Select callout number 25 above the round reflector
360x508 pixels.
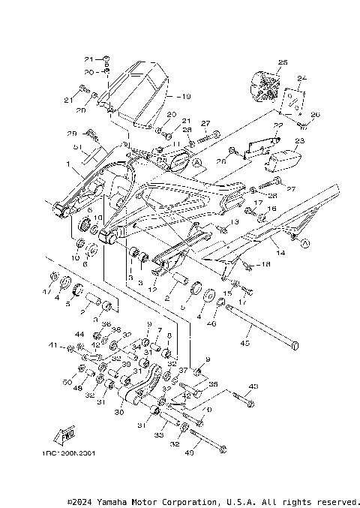tap(283, 62)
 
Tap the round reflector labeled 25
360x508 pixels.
tap(265, 84)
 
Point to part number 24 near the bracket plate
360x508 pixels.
tap(302, 78)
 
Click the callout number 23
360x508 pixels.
tap(300, 140)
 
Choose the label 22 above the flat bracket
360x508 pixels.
tap(277, 126)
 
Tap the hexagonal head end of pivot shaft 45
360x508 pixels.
tap(297, 345)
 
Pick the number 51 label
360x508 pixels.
tap(77, 147)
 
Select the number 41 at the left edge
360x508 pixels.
tap(52, 346)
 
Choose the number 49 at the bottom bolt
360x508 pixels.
tap(189, 452)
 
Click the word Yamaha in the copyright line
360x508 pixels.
tap(112, 501)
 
